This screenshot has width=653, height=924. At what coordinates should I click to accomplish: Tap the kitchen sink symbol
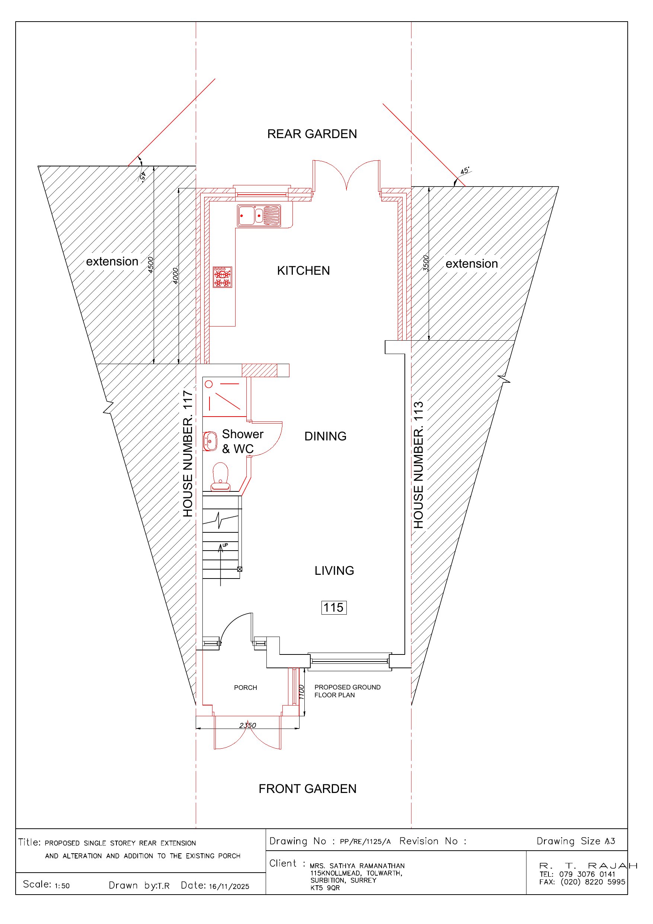pos(259,216)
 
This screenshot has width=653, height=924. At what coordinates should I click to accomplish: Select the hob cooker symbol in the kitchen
pos(223,277)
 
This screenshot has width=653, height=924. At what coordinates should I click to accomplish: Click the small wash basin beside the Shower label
pos(209,441)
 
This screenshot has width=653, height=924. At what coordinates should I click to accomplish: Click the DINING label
pos(325,436)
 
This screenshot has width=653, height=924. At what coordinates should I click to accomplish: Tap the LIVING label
pos(334,571)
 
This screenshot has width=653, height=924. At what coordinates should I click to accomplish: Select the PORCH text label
pos(246,688)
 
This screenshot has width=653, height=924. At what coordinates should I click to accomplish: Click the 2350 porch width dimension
pos(247,726)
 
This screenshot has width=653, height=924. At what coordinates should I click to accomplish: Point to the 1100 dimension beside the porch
pos(301,692)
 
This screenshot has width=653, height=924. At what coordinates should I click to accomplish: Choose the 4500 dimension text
pos(150,265)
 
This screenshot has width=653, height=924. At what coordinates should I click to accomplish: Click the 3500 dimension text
pos(425,264)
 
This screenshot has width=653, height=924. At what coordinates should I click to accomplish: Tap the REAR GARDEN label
pos(312,134)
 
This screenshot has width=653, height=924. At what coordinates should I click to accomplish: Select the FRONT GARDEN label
pos(307,789)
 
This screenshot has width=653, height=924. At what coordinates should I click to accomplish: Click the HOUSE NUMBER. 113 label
pos(419,465)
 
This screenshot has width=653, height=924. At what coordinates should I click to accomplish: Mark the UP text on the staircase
pos(225,545)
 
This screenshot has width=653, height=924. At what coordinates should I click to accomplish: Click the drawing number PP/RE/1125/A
pos(365,841)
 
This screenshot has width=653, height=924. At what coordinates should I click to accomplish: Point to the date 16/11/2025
pos(229,886)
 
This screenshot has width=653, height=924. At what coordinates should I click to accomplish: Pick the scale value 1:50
pos(62,886)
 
